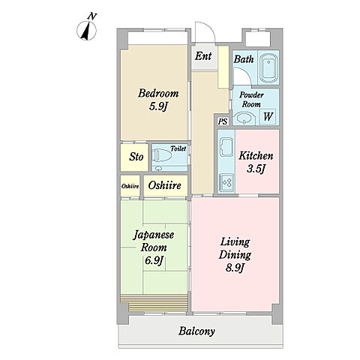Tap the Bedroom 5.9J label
pos(158,100)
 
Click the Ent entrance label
pos(203,56)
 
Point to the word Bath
pos(244,59)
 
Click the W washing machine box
pos(268,116)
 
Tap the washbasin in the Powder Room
pos(244,118)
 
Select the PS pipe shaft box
pos(223,121)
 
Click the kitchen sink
pos(226,147)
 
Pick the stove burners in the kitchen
pos(226,183)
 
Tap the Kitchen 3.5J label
pos(256,162)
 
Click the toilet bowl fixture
pos(162,155)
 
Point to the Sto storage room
pos(135,157)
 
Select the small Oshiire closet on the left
pos(130,186)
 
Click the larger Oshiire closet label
pos(165,185)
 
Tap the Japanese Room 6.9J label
pos(154,247)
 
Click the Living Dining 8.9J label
pos(235,255)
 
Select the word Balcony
pos(196,331)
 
